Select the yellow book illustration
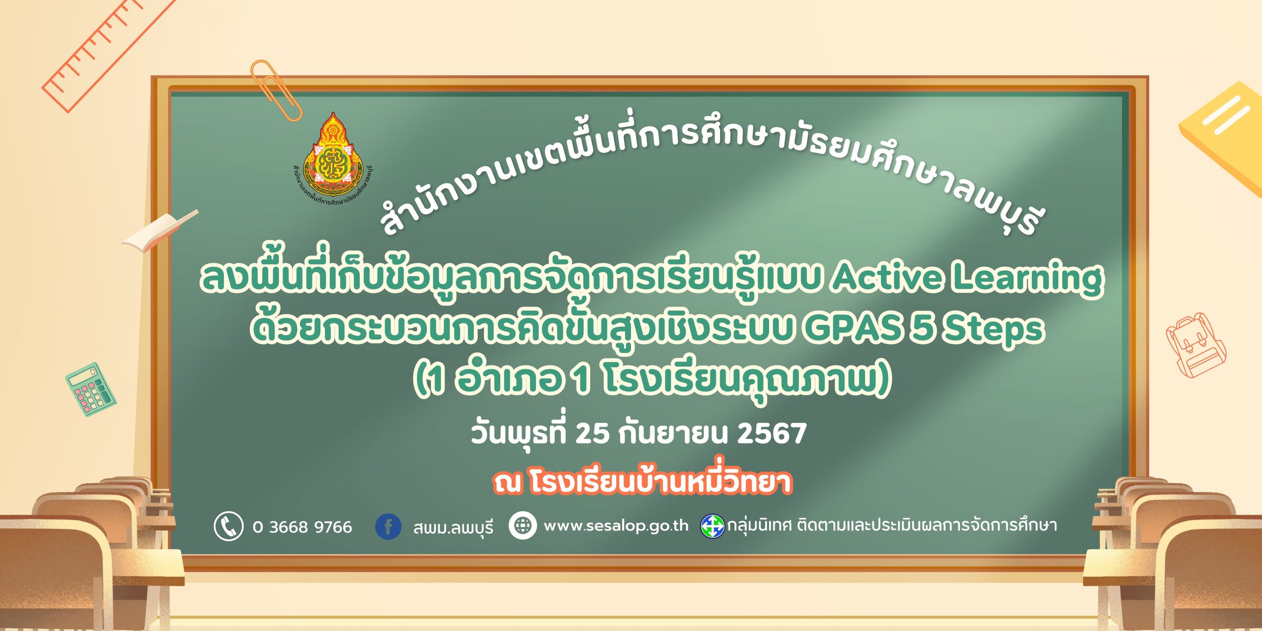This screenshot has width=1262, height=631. click(x=1223, y=138)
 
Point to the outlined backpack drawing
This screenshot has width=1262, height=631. click(x=1195, y=345)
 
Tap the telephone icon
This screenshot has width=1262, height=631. click(x=229, y=526)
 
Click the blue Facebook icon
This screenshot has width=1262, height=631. click(x=388, y=526)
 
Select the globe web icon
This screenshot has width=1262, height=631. click(x=523, y=526)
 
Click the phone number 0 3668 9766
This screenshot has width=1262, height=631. click(x=302, y=527)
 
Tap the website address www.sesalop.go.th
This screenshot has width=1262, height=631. click(x=616, y=526)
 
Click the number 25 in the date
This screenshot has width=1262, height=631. click(x=592, y=433)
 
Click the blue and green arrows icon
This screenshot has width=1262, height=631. click(x=712, y=526)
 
